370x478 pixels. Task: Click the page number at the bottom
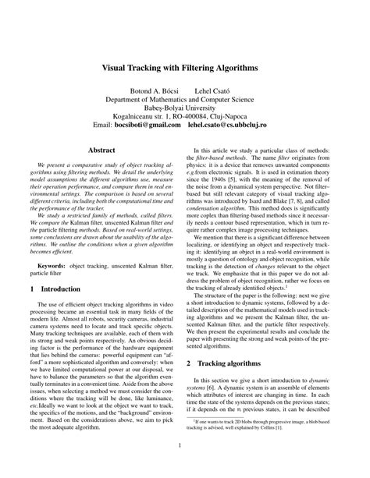click(x=185, y=445)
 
